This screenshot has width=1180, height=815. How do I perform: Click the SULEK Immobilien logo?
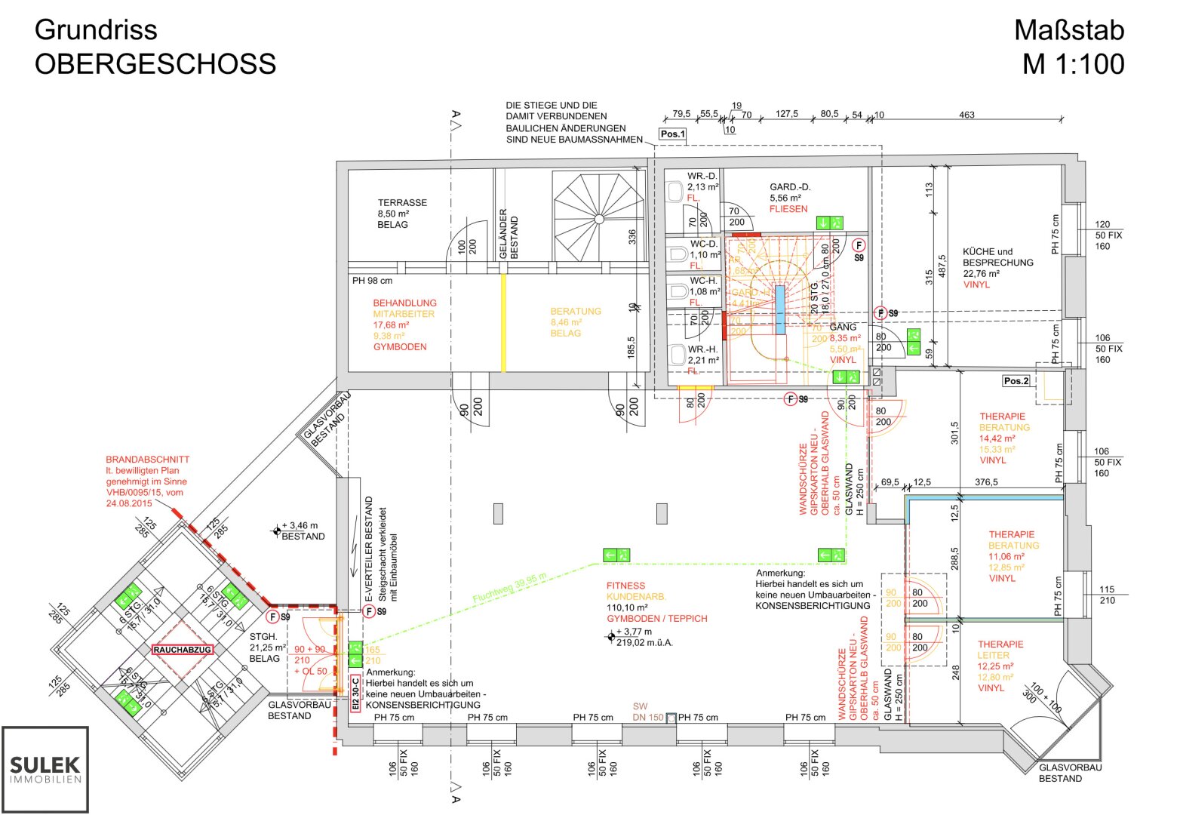click(x=45, y=769)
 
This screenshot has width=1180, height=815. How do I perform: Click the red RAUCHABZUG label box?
click(x=183, y=650)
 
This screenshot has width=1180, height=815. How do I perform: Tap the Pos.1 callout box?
click(x=672, y=134)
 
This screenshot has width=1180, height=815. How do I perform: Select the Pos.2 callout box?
click(x=1016, y=381)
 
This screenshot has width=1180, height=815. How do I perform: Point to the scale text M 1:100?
click(x=1073, y=64)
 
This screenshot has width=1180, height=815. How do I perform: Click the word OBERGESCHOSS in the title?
click(x=155, y=64)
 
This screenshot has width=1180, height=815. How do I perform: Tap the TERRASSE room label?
click(x=402, y=203)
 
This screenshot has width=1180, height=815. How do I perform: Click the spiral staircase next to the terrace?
click(x=599, y=217)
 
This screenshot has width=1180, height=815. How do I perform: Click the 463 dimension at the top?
click(x=966, y=115)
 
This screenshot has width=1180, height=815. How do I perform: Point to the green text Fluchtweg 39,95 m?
click(x=509, y=588)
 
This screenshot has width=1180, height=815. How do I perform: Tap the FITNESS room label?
click(x=625, y=586)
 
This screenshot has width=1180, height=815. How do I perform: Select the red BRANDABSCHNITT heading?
click(x=147, y=460)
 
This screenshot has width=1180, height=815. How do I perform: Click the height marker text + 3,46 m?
click(x=300, y=525)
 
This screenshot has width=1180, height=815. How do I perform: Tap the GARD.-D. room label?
click(x=790, y=187)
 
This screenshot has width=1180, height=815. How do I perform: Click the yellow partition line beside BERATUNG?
click(x=503, y=322)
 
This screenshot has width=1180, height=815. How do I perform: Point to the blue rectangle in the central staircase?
click(x=780, y=309)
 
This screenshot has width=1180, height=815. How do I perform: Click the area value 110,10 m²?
click(x=627, y=607)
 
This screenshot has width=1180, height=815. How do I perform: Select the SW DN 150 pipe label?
click(x=648, y=712)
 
